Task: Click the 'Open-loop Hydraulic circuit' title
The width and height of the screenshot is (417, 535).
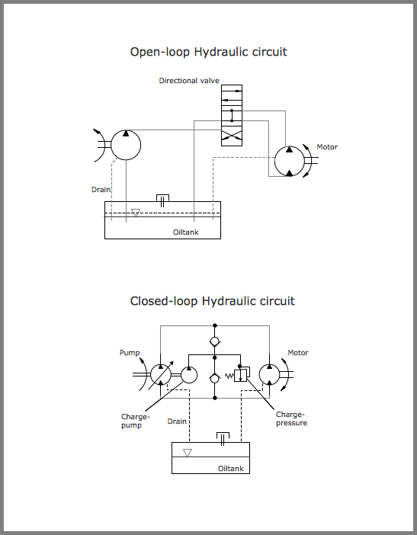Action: [x=208, y=52]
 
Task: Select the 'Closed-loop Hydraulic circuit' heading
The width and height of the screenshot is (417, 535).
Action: [x=212, y=301]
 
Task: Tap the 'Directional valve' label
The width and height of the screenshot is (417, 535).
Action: [x=189, y=81]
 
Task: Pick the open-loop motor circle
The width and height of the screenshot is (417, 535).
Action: [x=290, y=161]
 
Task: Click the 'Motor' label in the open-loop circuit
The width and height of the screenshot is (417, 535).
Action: [x=327, y=147]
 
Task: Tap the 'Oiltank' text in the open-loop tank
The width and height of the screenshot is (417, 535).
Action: [x=185, y=232]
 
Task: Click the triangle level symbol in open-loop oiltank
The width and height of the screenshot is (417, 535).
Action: [x=136, y=213]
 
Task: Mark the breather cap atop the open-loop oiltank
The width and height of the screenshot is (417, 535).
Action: [x=162, y=199]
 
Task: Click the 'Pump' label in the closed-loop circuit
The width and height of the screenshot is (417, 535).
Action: [x=130, y=353]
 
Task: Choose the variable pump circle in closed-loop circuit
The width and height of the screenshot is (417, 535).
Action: [x=162, y=374]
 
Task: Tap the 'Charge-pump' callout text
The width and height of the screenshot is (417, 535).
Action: [x=136, y=421]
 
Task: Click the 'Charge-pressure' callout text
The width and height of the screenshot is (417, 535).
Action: [x=291, y=418]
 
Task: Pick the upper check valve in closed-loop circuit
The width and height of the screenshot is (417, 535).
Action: [x=215, y=339]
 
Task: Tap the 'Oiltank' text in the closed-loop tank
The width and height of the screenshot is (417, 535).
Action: [x=230, y=469]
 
